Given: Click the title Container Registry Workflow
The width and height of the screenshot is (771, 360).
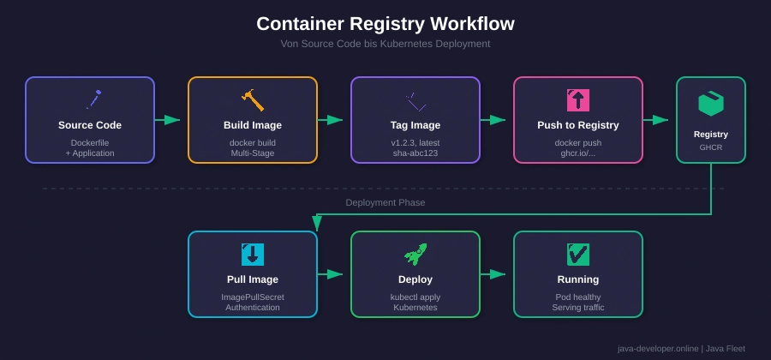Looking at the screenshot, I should coord(385,24).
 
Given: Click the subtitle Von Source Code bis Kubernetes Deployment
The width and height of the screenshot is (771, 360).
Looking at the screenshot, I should coord(385,44).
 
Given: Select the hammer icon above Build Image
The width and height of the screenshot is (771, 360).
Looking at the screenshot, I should coord(253,100).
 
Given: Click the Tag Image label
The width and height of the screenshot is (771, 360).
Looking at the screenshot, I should coord(415,125).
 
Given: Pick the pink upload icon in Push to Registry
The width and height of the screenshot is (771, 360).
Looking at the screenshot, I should coord(578,100).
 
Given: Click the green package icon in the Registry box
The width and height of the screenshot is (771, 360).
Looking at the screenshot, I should coord(711,104).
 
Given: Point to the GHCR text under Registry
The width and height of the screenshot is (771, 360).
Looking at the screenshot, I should coord(711,147).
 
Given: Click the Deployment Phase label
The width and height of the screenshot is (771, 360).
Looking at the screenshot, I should coord(385,203).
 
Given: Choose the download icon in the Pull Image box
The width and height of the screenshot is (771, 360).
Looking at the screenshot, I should coord(253,255).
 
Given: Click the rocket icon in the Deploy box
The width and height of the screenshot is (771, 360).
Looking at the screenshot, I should coord(415,255).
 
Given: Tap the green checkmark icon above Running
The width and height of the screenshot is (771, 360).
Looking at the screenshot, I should coord(578,255).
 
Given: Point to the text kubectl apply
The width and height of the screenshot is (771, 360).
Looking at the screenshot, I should coord(415,297).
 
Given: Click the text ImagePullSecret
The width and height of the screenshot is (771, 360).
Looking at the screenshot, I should coord(253,297).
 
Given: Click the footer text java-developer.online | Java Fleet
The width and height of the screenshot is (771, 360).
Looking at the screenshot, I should coord(681,349).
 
